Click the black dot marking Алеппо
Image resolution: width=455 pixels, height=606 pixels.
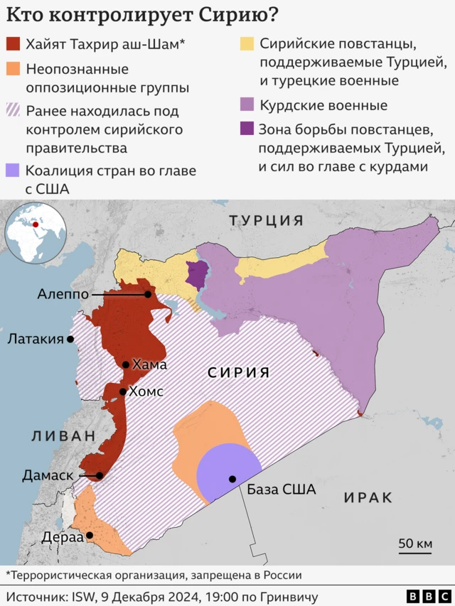[x=147, y=293]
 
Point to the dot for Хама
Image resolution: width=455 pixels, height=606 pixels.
[x=126, y=364]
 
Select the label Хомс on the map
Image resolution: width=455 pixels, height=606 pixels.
[x=145, y=391]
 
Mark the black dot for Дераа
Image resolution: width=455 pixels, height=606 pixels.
[x=90, y=536]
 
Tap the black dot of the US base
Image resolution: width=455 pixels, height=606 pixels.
[x=232, y=479]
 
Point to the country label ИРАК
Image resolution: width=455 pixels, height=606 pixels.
[x=368, y=497]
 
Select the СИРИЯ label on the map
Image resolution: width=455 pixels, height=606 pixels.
[x=239, y=372]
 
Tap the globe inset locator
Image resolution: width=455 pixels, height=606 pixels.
[x=35, y=232]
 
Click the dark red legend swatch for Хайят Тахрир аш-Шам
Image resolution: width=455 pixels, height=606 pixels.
[x=13, y=45]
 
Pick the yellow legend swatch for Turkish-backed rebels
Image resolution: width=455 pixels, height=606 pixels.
[x=246, y=45]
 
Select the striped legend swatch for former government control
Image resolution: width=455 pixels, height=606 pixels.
[x=13, y=111]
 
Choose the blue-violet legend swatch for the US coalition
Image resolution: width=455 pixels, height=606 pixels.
[x=13, y=171]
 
